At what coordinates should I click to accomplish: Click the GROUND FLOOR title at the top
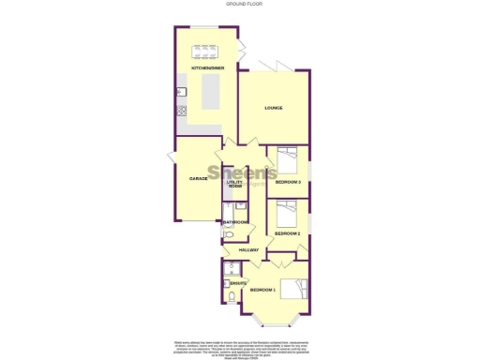240,4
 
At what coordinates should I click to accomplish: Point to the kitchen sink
180,91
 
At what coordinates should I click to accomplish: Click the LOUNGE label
273,108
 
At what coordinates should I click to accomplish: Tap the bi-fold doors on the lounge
279,67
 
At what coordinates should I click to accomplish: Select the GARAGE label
198,177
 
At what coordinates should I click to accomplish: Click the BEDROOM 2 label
287,232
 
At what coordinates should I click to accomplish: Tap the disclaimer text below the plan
240,348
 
